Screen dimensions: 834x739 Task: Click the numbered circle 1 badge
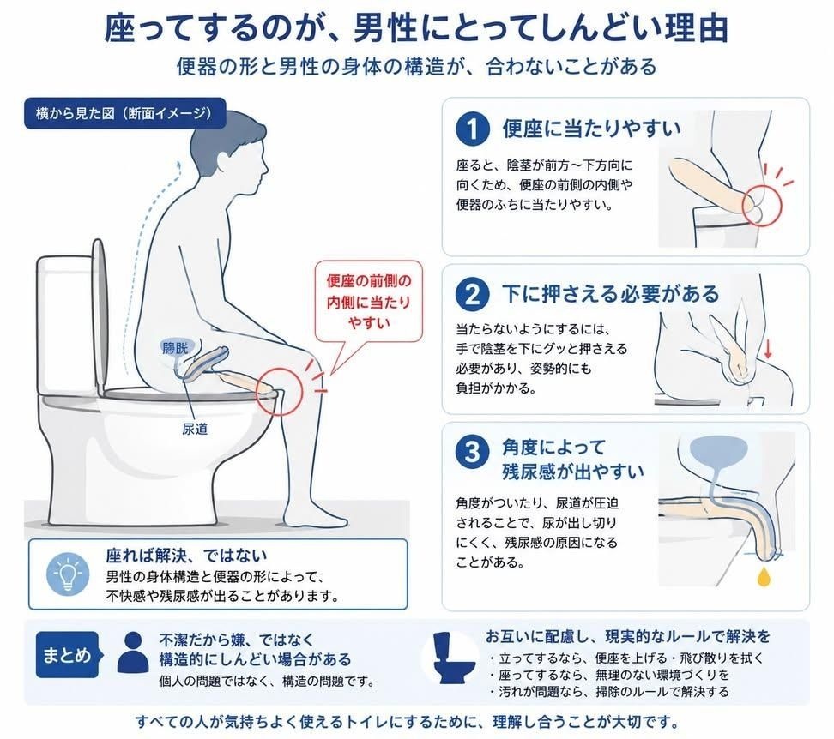(472, 129)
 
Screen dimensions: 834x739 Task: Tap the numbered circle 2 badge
(472, 294)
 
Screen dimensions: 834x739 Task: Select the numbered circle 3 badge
(472, 452)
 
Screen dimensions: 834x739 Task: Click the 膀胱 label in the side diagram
(175, 348)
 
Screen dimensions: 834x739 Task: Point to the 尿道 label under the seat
(195, 429)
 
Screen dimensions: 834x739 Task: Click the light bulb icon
(67, 574)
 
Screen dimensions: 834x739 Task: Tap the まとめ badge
(68, 654)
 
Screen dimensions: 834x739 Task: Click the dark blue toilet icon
(453, 658)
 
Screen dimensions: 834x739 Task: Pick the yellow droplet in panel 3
(764, 577)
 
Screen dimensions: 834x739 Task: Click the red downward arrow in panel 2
(767, 349)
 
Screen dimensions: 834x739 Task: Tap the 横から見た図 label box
(125, 113)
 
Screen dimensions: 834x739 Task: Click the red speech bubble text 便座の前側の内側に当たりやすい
(369, 302)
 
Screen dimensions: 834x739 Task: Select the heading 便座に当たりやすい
(591, 129)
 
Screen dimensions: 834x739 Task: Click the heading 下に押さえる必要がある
(611, 294)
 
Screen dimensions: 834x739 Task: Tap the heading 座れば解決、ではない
(186, 556)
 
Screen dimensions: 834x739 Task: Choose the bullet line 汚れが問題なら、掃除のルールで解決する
(608, 692)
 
